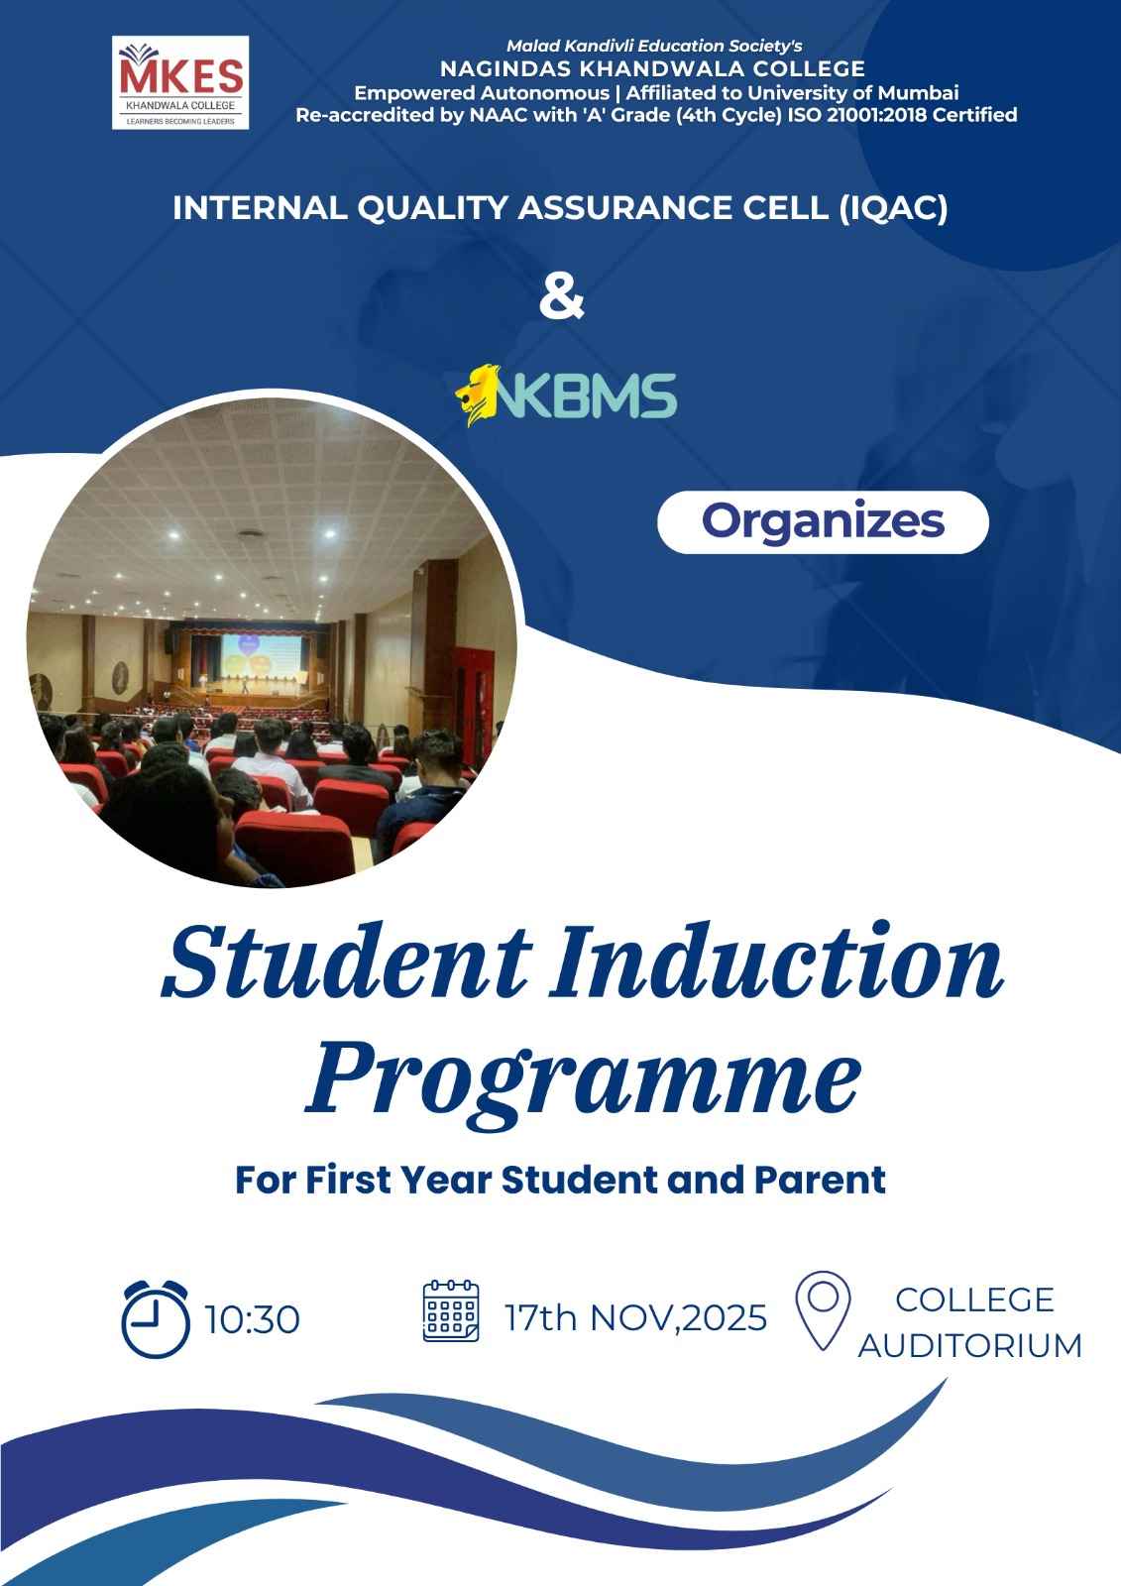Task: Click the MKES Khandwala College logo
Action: [179, 82]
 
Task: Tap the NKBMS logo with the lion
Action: [566, 396]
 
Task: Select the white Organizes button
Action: [823, 521]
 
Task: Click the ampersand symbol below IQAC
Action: [562, 298]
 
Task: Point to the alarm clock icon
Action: [156, 1319]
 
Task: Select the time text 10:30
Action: [252, 1319]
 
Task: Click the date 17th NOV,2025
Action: [635, 1317]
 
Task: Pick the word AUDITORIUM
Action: [970, 1345]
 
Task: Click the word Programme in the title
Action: [583, 1084]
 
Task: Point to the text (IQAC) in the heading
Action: [893, 208]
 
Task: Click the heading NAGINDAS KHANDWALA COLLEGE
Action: [652, 68]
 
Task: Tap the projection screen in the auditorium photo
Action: [262, 656]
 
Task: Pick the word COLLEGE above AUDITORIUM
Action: [974, 1300]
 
